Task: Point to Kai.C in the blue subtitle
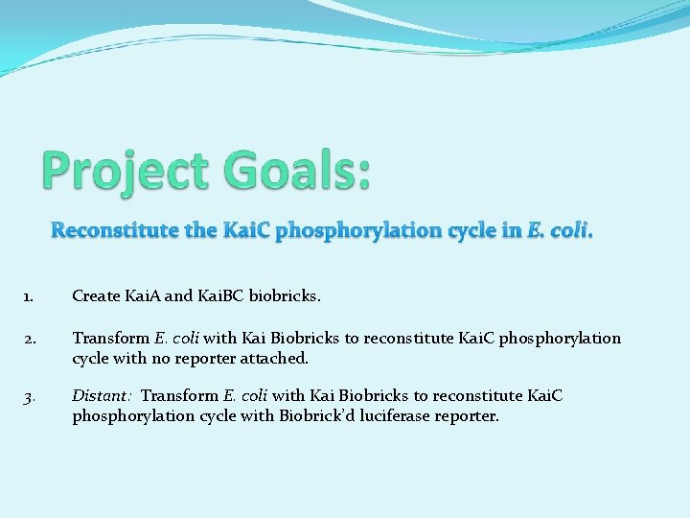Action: (247, 230)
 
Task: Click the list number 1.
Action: (27, 296)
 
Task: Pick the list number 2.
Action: (28, 339)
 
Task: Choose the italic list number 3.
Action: (28, 396)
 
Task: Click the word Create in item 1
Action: (96, 296)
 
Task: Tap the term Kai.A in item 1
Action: (143, 296)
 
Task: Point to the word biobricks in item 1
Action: (285, 296)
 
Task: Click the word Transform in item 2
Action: (111, 339)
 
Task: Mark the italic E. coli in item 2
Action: (175, 339)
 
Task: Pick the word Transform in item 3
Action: (179, 396)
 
